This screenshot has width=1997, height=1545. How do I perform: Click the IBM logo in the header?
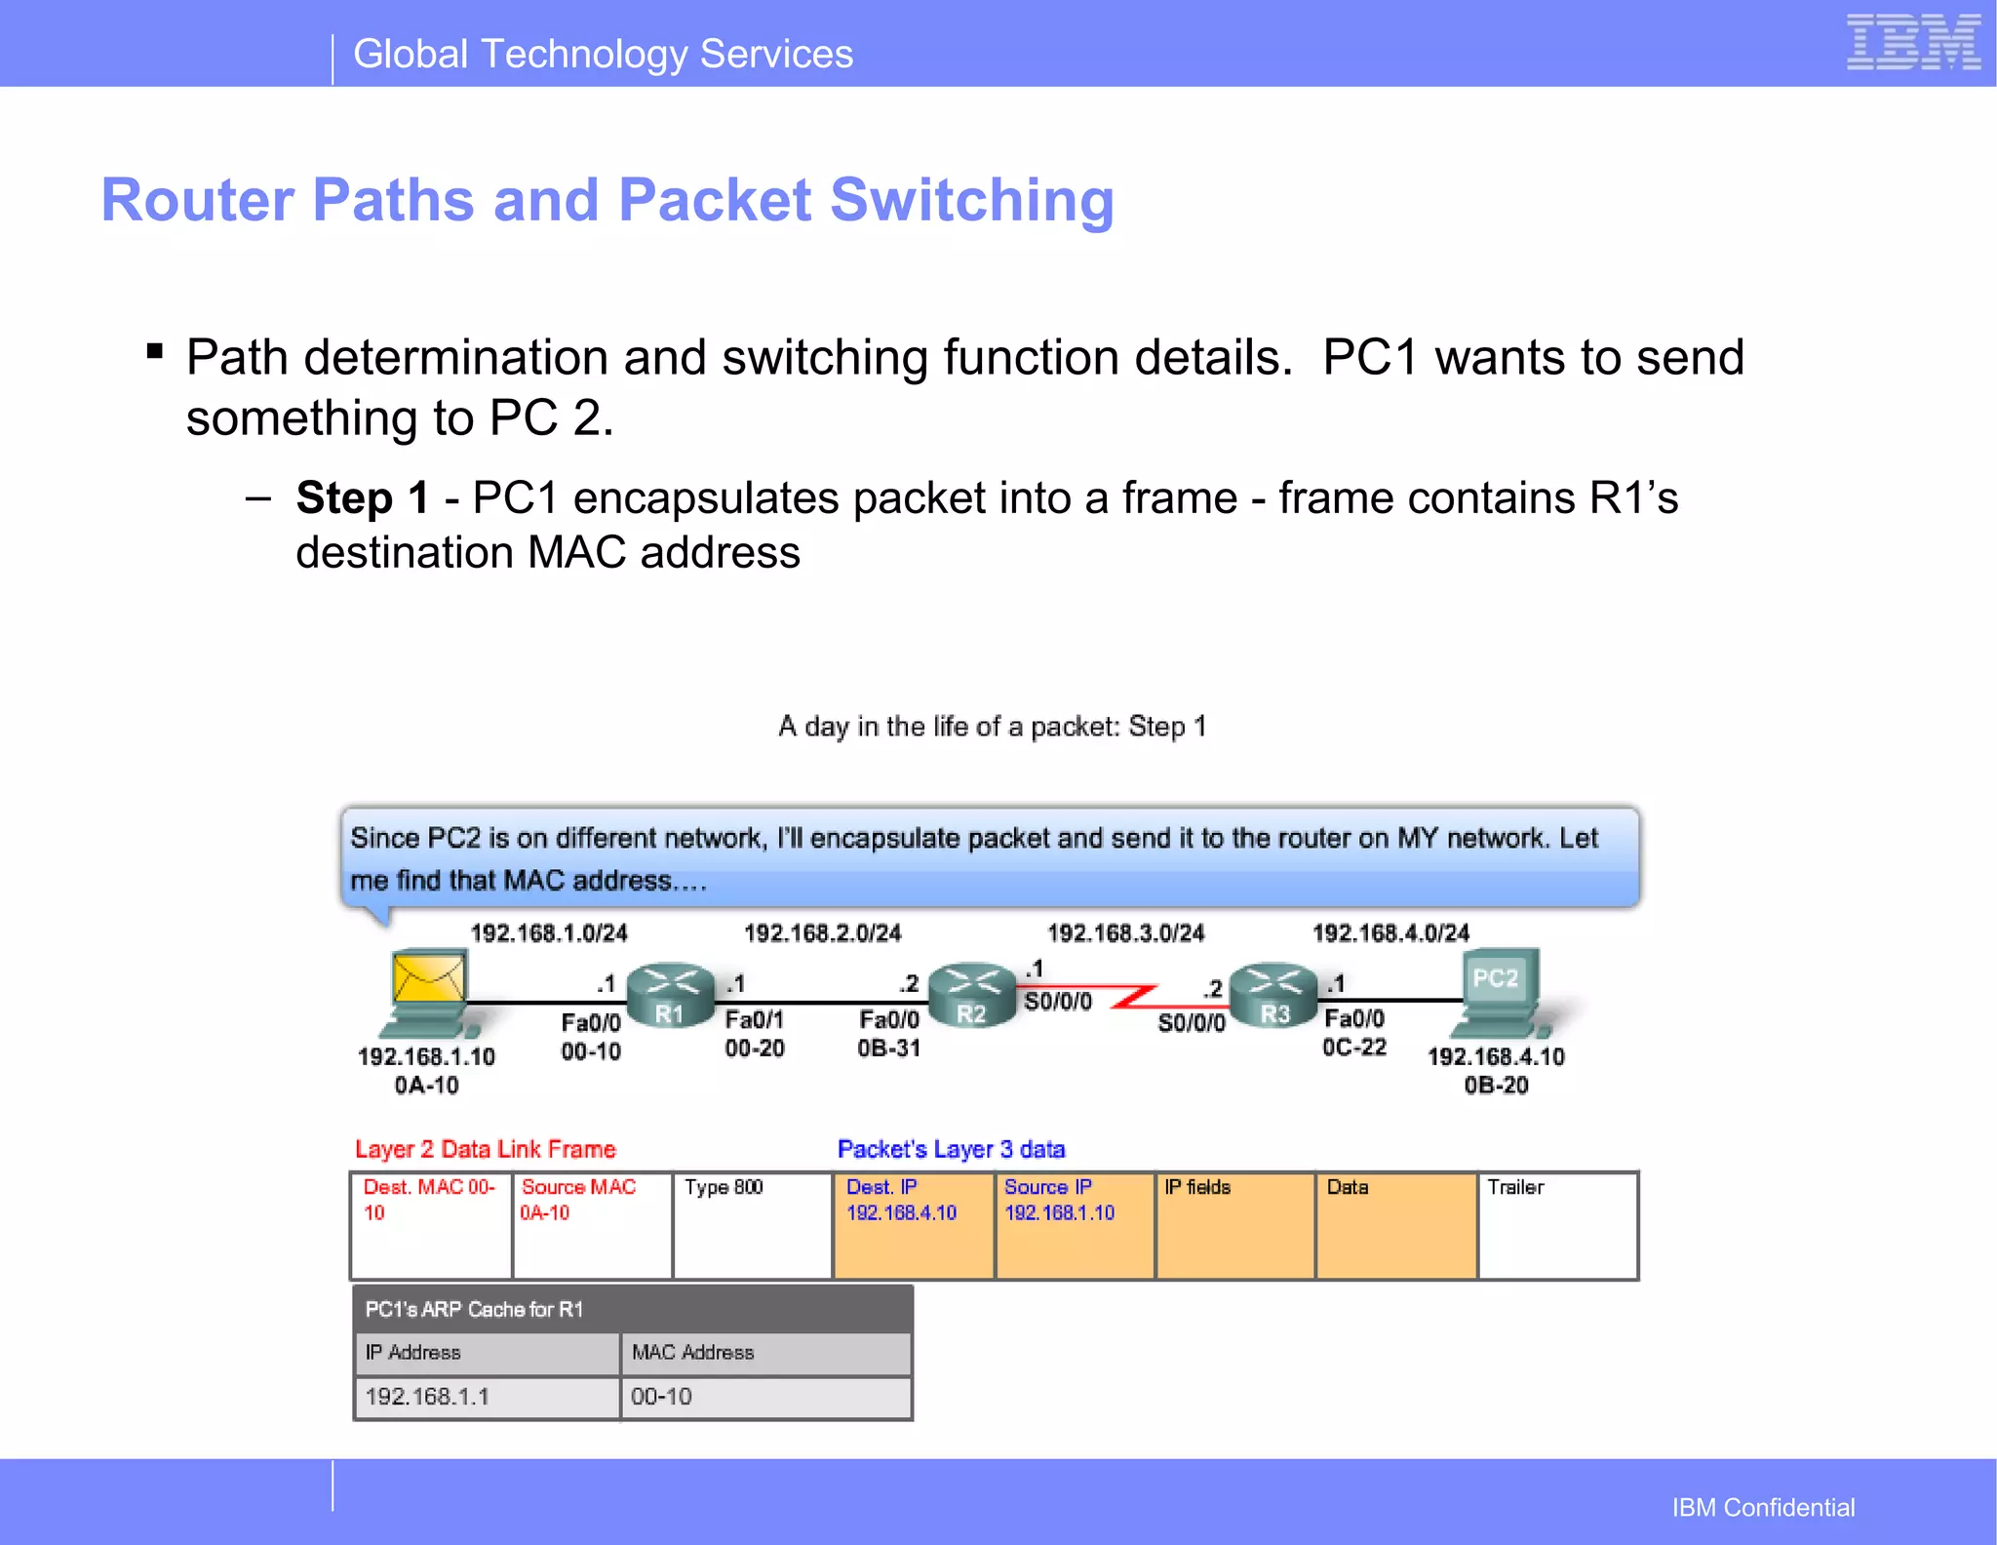pyautogui.click(x=1912, y=43)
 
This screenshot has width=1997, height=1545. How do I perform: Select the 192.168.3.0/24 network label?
pyautogui.click(x=1125, y=933)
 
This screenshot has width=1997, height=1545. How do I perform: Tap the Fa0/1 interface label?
pyautogui.click(x=754, y=1020)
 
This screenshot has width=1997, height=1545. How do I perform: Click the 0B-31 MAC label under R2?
pyautogui.click(x=888, y=1049)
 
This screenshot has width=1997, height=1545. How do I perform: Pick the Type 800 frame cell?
pyautogui.click(x=752, y=1225)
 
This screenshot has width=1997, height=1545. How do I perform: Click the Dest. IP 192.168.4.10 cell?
pyautogui.click(x=913, y=1225)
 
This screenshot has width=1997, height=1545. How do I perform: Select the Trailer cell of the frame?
pyautogui.click(x=1557, y=1225)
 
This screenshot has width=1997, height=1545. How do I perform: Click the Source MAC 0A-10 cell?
pyautogui.click(x=592, y=1225)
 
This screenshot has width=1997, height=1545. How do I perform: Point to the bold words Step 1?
pyautogui.click(x=362, y=498)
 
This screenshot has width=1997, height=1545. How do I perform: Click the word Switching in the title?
pyautogui.click(x=971, y=200)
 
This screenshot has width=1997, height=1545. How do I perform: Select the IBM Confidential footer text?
pyautogui.click(x=1763, y=1508)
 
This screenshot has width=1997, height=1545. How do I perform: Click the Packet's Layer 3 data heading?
pyautogui.click(x=951, y=1149)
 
